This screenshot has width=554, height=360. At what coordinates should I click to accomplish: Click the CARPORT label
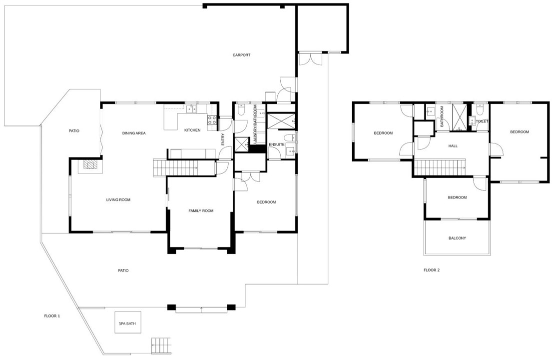pos(241,55)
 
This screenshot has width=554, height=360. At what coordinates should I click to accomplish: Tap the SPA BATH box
pos(127,323)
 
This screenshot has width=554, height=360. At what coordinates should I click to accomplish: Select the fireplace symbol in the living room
pos(90,164)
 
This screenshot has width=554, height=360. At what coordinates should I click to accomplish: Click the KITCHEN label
pos(192,130)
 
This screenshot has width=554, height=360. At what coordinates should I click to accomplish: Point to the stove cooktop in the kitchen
pos(212,120)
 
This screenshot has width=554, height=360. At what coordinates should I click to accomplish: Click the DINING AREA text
pos(134,133)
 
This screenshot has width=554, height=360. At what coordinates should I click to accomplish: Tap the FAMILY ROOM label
pos(201,211)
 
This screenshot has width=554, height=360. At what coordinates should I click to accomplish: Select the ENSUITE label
pos(276,145)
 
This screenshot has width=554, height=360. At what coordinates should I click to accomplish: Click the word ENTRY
pos(223,140)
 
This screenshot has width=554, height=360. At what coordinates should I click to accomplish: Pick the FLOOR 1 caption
pos(52,316)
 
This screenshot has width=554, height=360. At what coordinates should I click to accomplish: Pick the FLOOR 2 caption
pos(432,270)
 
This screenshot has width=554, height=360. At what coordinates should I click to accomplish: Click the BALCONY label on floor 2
pos(457,238)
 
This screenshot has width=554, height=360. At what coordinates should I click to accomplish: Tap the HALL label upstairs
pos(453,146)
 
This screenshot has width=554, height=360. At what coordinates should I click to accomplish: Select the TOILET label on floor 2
pos(482,121)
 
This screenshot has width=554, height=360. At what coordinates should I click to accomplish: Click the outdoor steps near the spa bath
pos(161,344)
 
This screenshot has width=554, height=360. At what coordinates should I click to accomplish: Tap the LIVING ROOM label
pos(118,200)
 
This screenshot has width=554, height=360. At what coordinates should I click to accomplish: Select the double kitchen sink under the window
pos(193,107)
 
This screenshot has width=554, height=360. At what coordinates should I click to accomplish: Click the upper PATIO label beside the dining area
pos(74,131)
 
